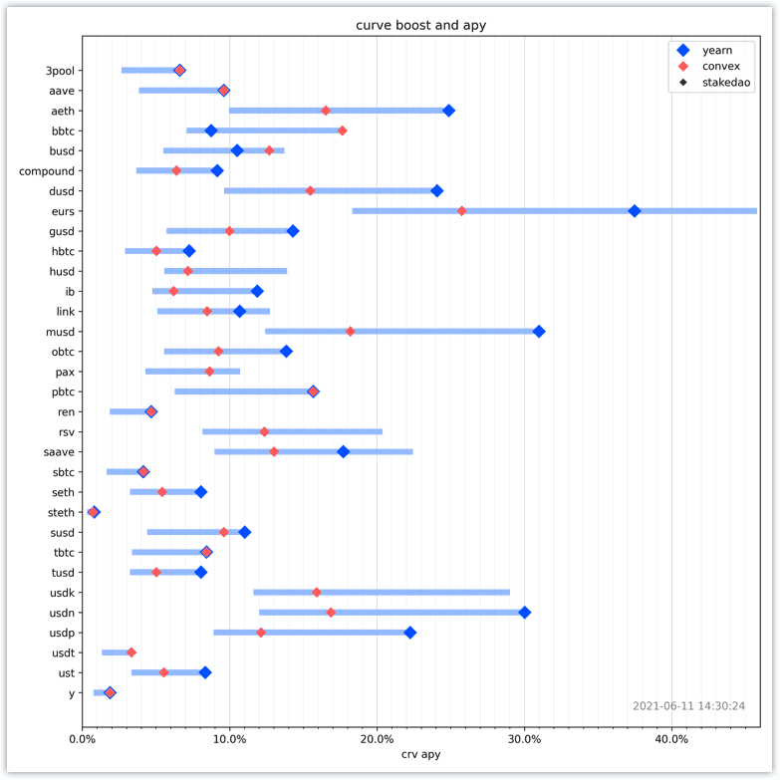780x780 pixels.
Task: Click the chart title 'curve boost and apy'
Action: point(420,25)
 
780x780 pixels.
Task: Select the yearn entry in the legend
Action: point(704,50)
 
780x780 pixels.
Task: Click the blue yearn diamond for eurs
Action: point(635,211)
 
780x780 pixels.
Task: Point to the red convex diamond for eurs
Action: point(461,211)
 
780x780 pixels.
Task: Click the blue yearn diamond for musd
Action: point(539,332)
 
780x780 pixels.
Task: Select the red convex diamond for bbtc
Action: point(343,130)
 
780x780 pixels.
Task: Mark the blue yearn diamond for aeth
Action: point(448,111)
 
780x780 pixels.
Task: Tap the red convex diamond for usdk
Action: point(317,592)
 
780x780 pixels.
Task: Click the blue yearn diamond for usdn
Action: point(524,613)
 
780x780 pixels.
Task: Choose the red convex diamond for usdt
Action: point(131,652)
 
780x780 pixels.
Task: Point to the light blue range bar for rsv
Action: point(293,431)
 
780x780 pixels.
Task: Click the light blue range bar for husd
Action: point(226,271)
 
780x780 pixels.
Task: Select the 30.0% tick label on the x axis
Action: point(524,739)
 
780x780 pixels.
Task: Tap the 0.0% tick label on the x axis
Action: point(82,739)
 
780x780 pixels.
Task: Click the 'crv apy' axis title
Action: point(420,754)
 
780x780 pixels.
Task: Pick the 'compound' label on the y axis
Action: point(47,171)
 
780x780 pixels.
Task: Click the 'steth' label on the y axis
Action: point(61,512)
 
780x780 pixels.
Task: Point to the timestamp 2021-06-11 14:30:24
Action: point(689,706)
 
